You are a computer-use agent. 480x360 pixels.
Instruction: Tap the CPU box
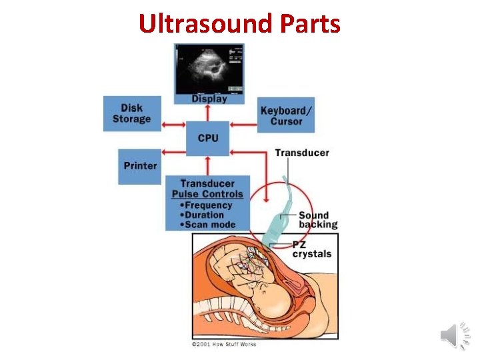coord(208,138)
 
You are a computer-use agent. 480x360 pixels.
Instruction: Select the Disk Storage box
coord(132,113)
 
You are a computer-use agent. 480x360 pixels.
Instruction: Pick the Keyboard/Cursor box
coord(286,115)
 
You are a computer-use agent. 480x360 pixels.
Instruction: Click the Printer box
coord(140,166)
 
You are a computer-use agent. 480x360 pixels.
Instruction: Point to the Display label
coord(209,99)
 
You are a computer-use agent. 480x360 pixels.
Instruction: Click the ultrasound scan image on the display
coord(209,69)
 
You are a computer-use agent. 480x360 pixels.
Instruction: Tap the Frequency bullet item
coord(208,205)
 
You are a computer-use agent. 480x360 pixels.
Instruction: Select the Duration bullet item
coord(204,215)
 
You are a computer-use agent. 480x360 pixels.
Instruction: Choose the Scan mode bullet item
coord(209,225)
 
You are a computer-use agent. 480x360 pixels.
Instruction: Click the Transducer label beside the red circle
coord(302,153)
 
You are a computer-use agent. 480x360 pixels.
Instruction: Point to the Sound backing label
coord(317,220)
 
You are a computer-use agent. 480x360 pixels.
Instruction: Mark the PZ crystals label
coord(311,249)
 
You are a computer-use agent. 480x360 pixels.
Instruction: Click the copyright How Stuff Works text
coord(223,344)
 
